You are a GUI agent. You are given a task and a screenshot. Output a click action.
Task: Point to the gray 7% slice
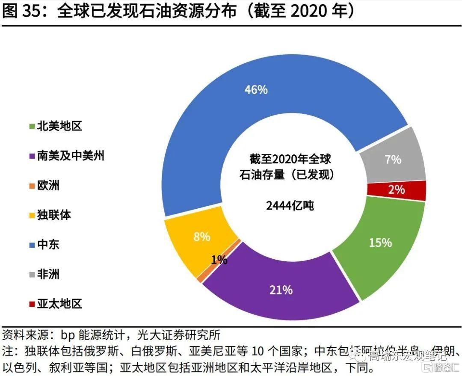392,160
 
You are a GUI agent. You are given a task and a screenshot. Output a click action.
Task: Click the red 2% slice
397,189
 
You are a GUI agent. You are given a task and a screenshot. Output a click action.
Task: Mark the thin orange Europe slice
200,277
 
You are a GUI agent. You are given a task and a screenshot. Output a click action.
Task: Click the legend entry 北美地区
59,126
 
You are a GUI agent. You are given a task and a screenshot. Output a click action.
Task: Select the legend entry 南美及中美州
70,156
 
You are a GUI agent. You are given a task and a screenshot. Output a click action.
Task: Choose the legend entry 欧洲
48,185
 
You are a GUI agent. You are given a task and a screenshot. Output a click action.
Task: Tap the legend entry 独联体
53,215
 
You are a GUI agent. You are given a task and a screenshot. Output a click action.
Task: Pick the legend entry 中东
48,245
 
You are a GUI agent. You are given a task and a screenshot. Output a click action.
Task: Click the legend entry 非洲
48,274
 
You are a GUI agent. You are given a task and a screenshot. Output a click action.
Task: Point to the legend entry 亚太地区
59,304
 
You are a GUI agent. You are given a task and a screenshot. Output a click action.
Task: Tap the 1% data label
219,260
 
